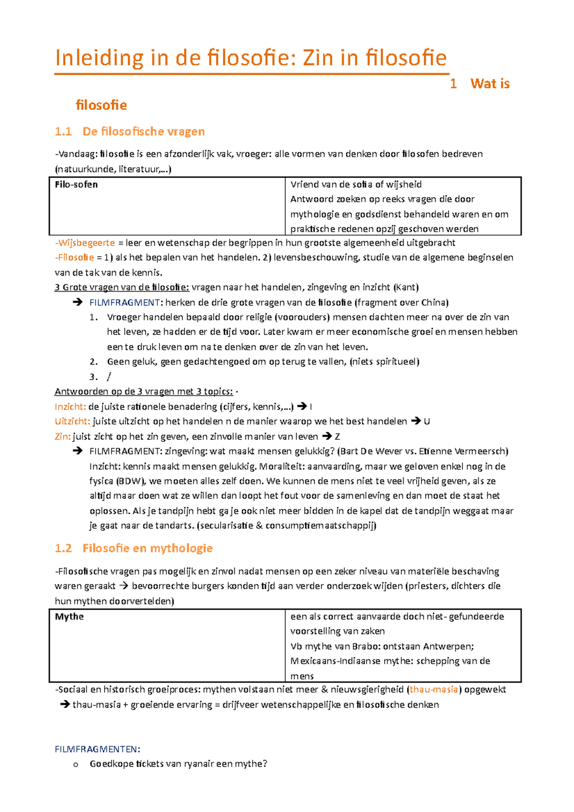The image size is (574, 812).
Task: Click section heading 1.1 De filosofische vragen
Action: (x=130, y=132)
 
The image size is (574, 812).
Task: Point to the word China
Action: (x=433, y=303)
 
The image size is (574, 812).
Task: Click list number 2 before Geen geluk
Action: (x=94, y=362)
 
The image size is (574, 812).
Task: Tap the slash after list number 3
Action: (x=109, y=377)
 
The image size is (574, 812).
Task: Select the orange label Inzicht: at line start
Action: (x=70, y=407)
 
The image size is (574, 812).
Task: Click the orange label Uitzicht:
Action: (x=72, y=422)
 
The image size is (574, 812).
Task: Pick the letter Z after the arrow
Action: (x=338, y=437)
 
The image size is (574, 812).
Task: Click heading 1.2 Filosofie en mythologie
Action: (x=133, y=549)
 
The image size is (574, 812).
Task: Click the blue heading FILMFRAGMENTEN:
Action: (x=98, y=749)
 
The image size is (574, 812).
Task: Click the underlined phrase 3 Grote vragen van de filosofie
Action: (x=122, y=287)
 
